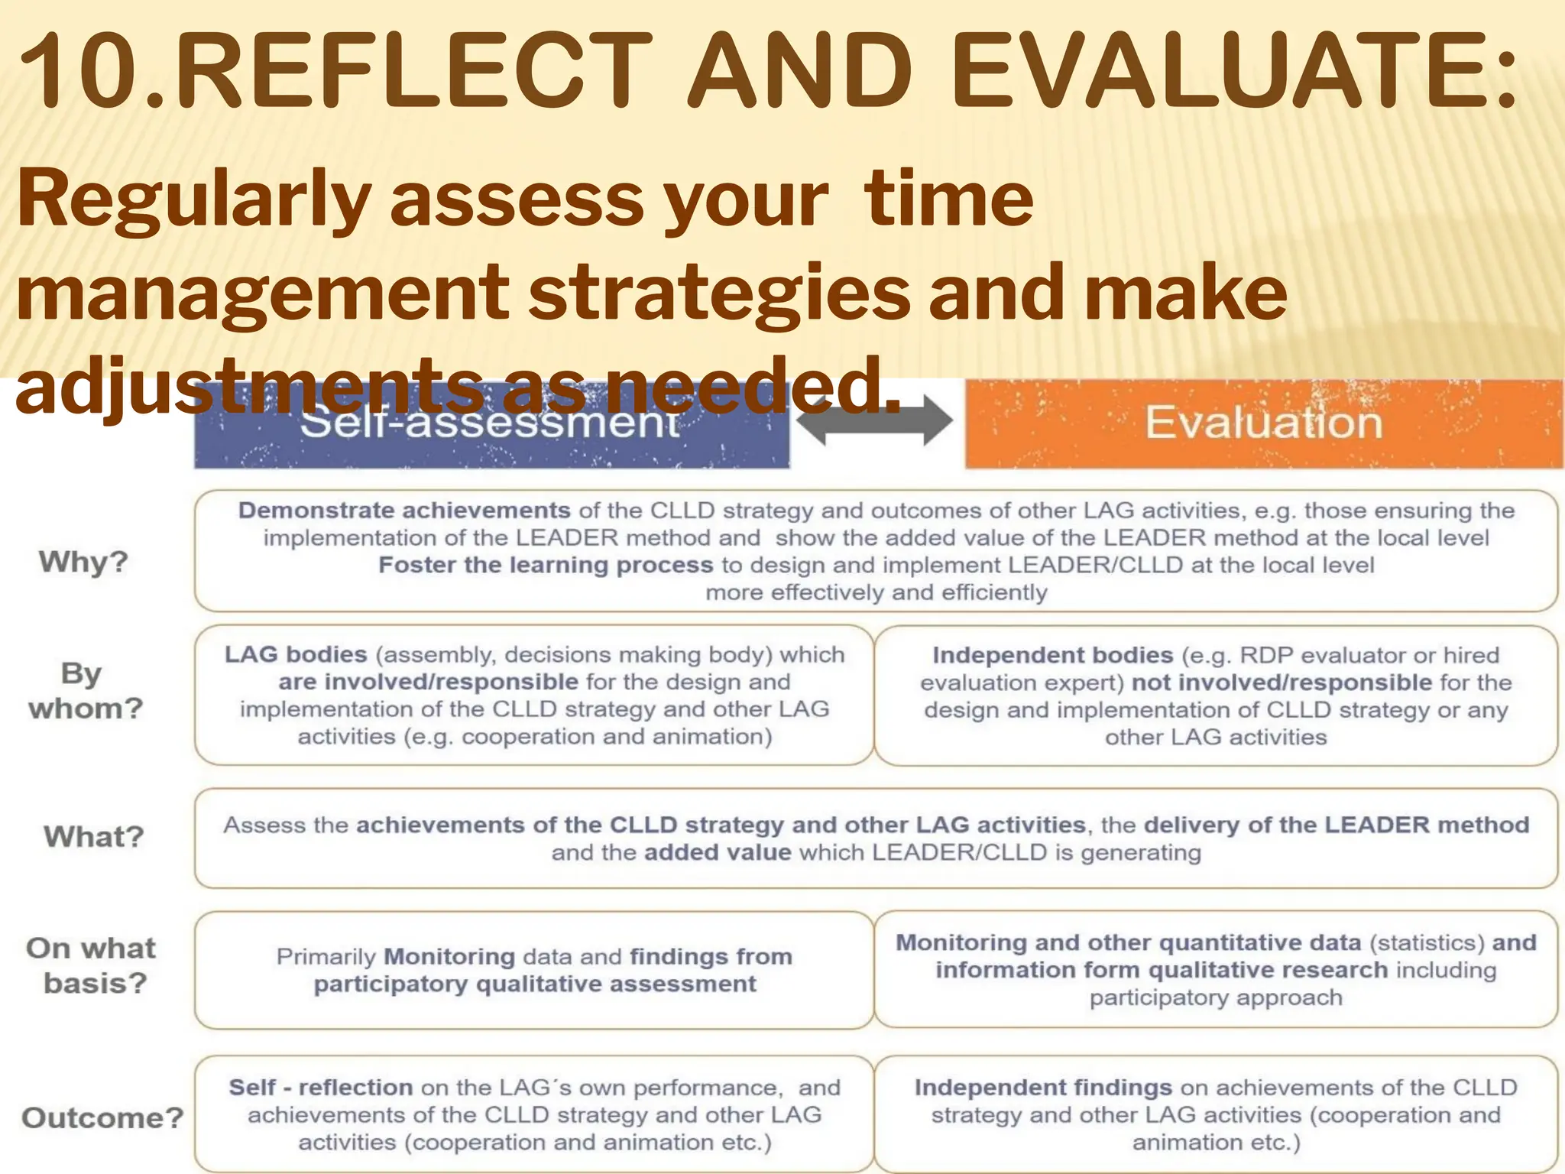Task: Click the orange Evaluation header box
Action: pos(1263,423)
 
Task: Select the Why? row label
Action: pos(84,562)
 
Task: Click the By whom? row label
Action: pos(85,691)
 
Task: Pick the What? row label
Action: pos(93,836)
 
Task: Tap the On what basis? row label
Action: pos(92,965)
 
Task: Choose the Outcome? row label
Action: pos(102,1117)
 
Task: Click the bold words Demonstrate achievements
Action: pos(404,511)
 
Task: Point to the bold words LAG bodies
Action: pos(296,655)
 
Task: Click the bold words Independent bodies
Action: pos(1052,656)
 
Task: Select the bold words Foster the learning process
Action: pos(546,566)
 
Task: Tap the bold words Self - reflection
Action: pos(321,1088)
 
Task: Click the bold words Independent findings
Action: pos(1043,1088)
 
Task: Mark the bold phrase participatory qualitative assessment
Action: pos(535,984)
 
